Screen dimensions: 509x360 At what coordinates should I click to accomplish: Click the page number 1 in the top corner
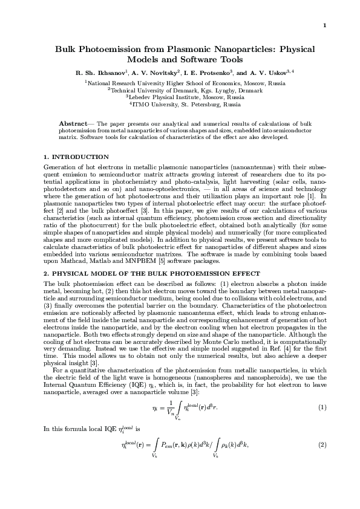coord(325,25)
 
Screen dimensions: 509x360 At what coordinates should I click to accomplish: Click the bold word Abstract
coord(80,123)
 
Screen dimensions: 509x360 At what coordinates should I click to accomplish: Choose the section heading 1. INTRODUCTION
coord(77,157)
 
